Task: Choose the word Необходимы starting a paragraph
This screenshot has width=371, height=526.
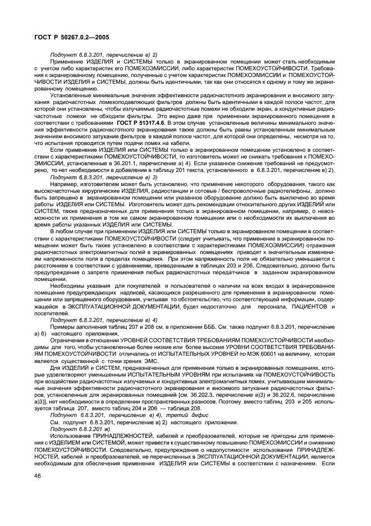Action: coord(70,286)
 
